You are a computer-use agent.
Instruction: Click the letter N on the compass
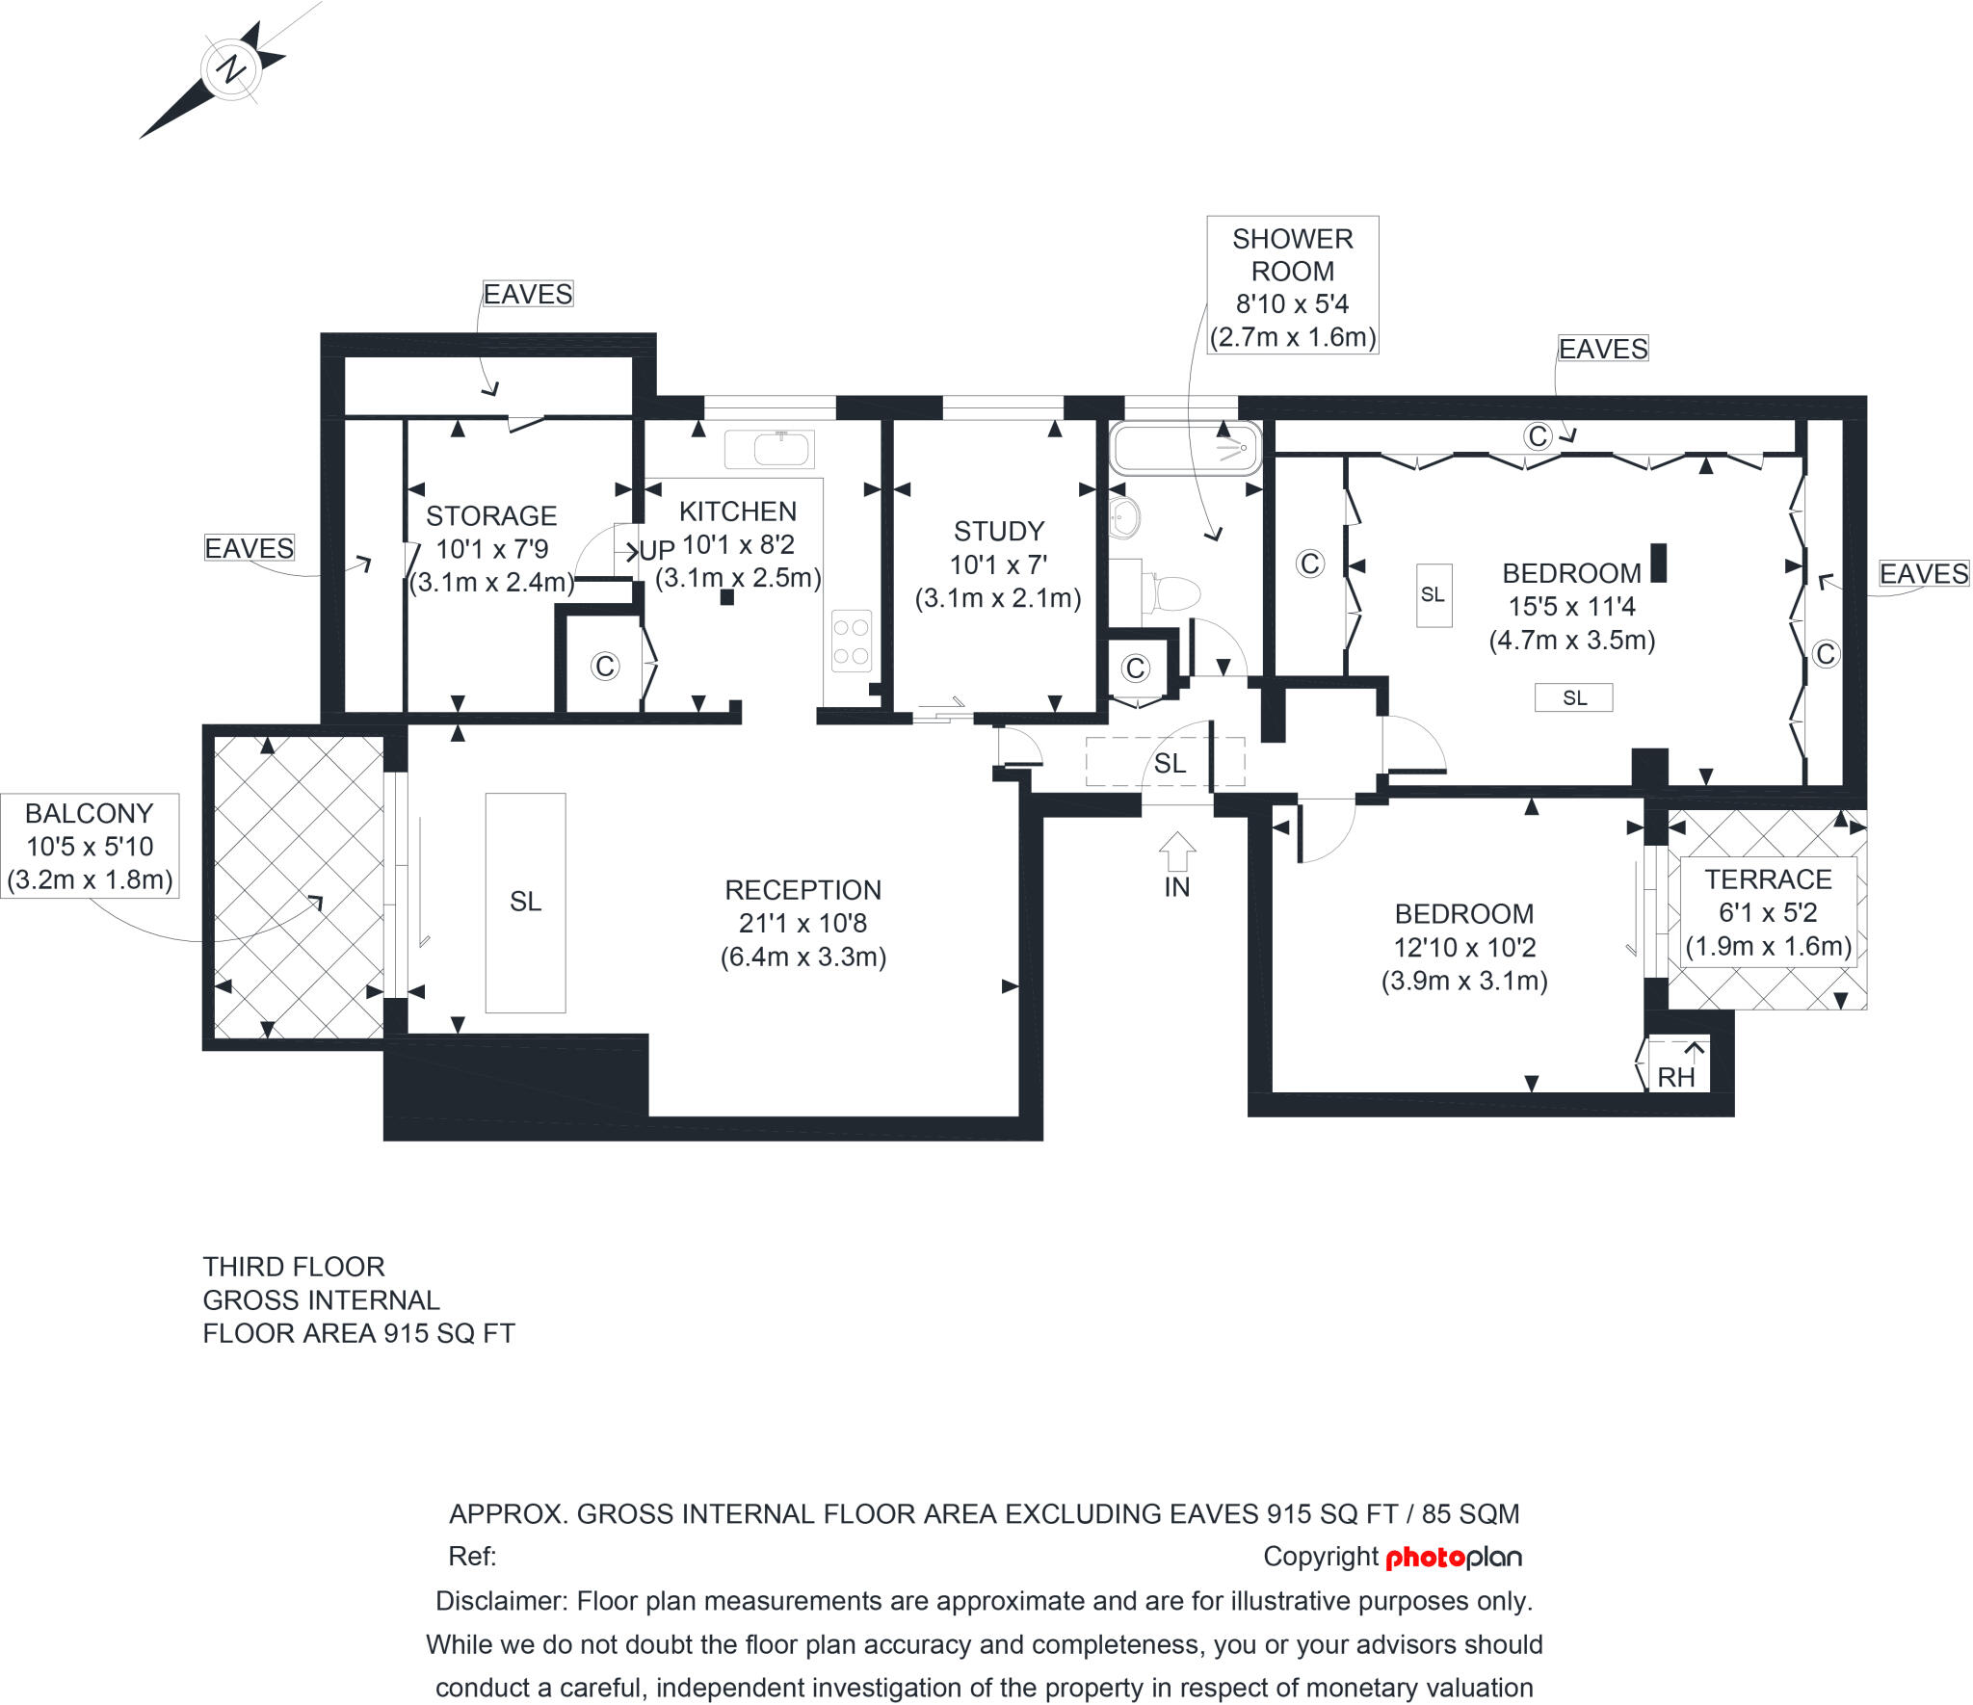(231, 69)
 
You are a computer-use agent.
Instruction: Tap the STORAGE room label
(491, 516)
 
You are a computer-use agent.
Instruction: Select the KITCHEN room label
(738, 511)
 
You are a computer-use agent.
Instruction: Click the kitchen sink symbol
(770, 450)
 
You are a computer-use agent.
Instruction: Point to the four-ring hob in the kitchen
(852, 642)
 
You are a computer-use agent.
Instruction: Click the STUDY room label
(999, 532)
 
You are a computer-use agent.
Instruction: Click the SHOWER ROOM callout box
(1293, 286)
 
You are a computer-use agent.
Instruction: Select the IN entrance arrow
(1177, 853)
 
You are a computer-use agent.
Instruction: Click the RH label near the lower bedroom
(1676, 1077)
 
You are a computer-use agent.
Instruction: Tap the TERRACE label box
(1768, 912)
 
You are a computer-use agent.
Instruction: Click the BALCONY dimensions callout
(90, 847)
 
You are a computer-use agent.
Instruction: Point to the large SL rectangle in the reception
(525, 902)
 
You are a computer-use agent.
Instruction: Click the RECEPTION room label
(802, 890)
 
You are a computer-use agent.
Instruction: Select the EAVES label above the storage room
(527, 294)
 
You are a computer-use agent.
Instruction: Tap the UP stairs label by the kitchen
(657, 551)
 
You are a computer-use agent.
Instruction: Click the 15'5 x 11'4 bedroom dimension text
(1571, 607)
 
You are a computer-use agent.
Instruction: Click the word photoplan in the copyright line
(1453, 1558)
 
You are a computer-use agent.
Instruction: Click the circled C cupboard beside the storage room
(605, 666)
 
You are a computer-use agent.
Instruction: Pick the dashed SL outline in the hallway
(1165, 762)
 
